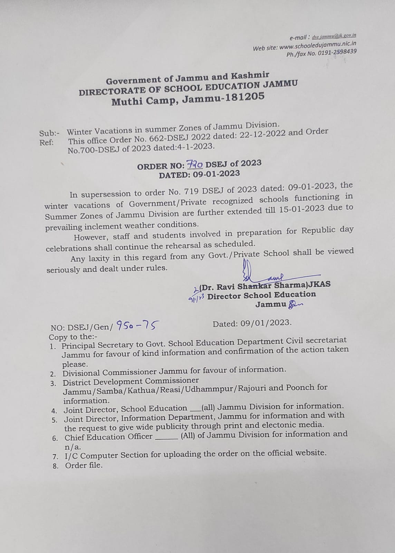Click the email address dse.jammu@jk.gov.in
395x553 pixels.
(334, 36)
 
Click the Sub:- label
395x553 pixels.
(49, 133)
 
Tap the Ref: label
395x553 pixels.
(46, 142)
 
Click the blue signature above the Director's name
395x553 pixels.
(262, 275)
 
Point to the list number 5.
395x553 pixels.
(55, 420)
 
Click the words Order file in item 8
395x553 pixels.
(84, 465)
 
